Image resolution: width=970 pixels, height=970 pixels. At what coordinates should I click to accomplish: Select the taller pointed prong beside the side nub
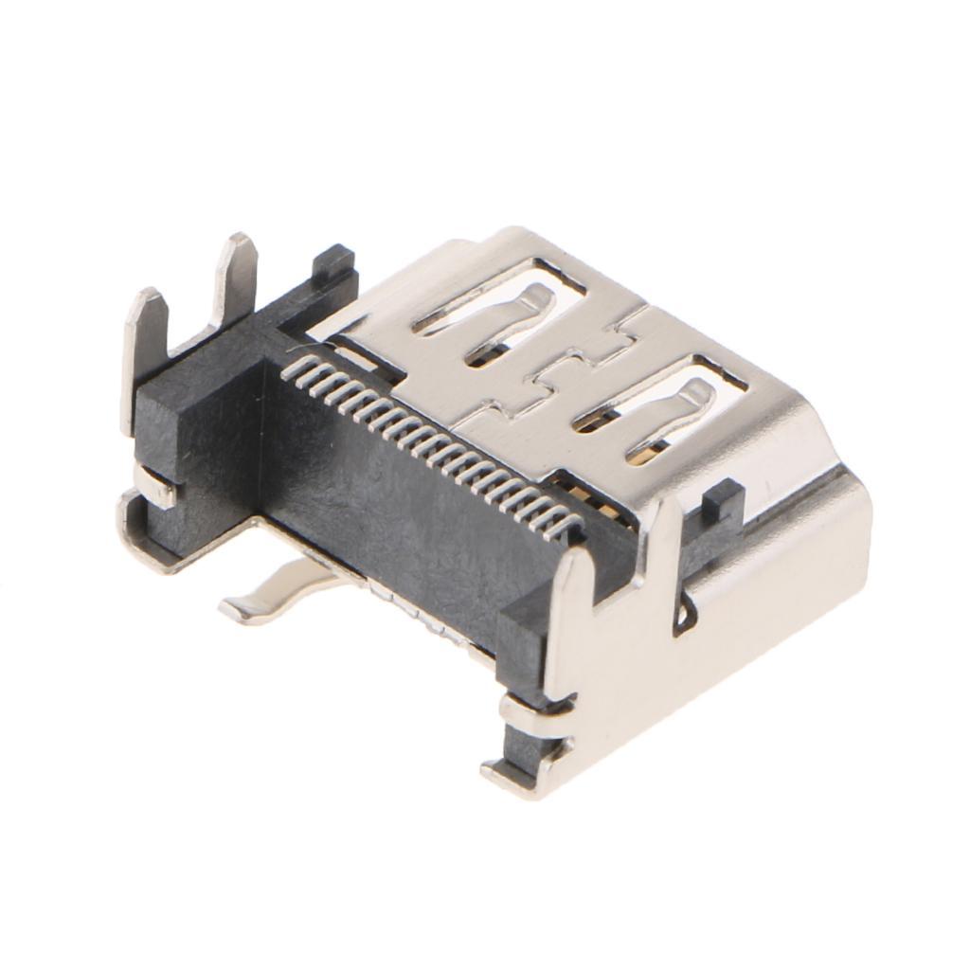click(663, 540)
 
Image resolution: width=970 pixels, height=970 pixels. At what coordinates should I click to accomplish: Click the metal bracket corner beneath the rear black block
click(142, 540)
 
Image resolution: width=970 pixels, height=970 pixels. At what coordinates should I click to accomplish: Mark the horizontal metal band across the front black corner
click(535, 706)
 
